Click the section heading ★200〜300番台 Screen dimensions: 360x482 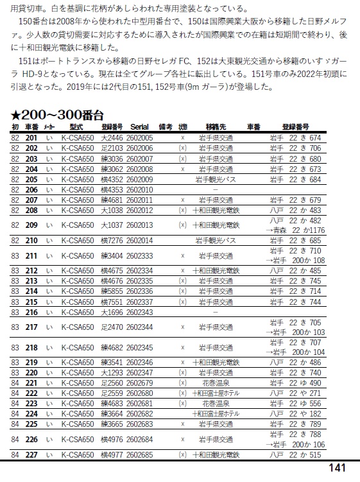click(x=57, y=115)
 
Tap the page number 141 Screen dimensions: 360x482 click(x=338, y=468)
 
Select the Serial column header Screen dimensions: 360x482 click(x=139, y=127)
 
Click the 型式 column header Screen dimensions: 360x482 click(x=76, y=127)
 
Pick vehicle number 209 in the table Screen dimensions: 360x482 click(x=31, y=225)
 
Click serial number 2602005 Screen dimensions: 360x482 click(x=139, y=137)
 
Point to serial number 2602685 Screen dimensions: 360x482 click(x=139, y=455)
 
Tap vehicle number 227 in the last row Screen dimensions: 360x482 click(x=31, y=455)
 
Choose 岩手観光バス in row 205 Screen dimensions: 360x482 click(x=215, y=179)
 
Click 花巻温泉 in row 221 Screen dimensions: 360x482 click(x=215, y=383)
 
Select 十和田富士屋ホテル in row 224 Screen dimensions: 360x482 click(x=215, y=414)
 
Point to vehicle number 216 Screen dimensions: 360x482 click(x=31, y=312)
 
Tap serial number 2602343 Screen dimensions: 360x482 click(x=139, y=312)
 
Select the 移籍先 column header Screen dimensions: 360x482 click(x=215, y=127)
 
